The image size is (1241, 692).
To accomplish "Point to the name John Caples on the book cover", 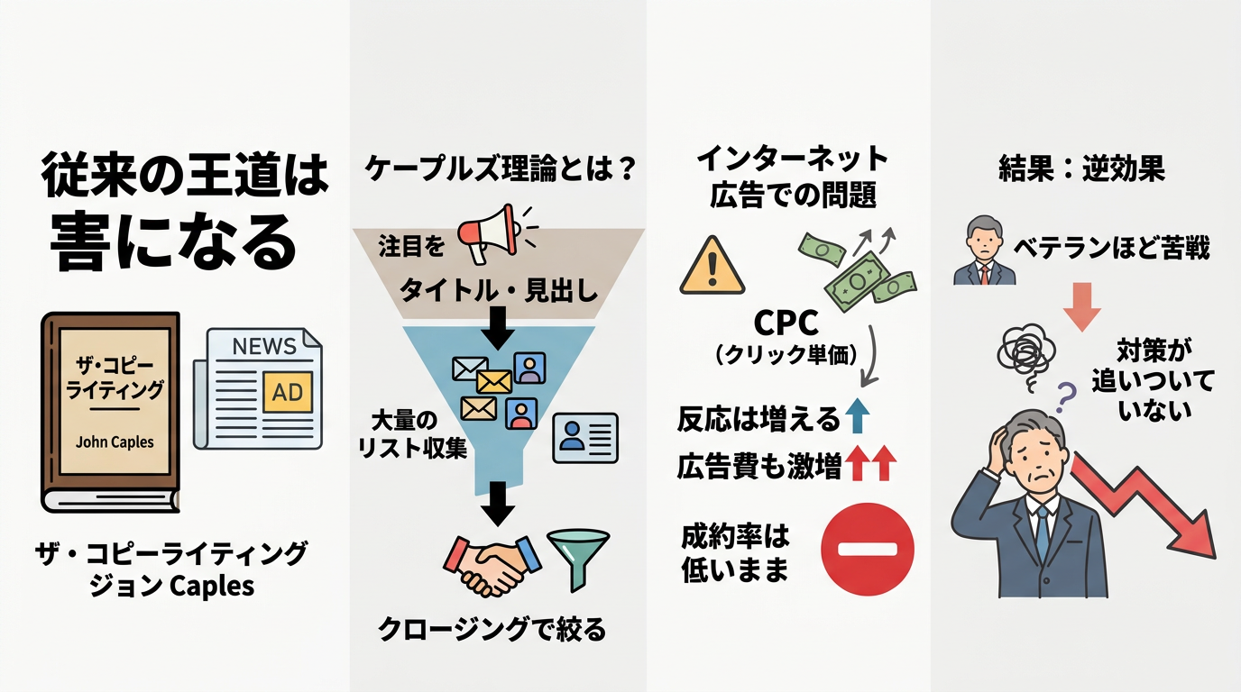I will pos(115,442).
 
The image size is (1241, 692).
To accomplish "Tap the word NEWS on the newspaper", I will pos(263,346).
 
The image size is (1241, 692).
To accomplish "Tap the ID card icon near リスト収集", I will pos(585,438).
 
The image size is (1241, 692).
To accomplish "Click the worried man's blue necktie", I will pos(1043,532).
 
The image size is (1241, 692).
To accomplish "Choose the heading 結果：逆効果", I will pos(1081,169).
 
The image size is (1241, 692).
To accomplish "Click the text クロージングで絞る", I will pos(492,629).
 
